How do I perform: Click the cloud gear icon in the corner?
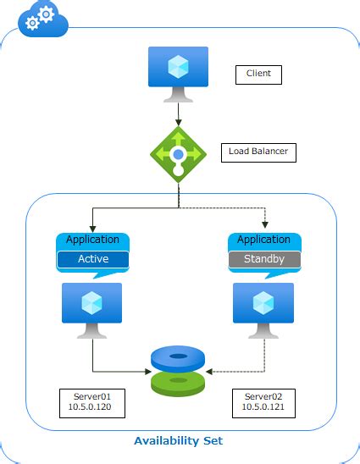[42, 17]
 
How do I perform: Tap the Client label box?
[258, 74]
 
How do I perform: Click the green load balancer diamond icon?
[178, 153]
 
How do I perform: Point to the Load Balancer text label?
[258, 152]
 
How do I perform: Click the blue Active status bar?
[92, 259]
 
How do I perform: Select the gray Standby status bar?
[264, 259]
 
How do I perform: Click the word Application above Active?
[92, 240]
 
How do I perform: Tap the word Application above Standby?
[264, 240]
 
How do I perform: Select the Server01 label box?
[92, 402]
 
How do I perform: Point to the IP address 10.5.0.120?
[92, 408]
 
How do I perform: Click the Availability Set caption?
[179, 440]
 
